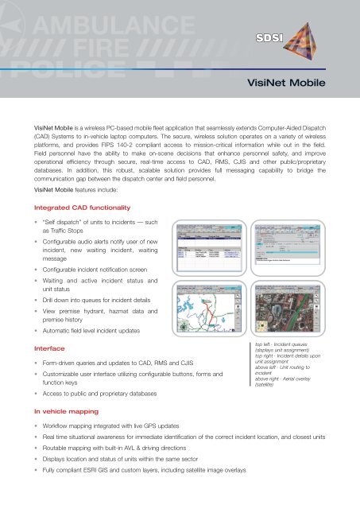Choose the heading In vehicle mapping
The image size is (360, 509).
point(68,412)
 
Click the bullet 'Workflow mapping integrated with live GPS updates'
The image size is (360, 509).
point(135,427)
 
